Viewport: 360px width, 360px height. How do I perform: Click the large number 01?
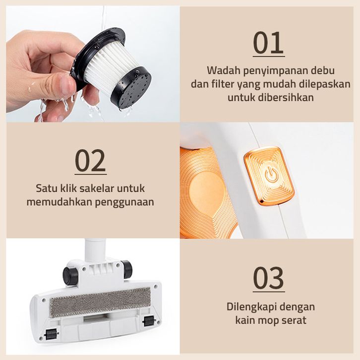tap(268, 43)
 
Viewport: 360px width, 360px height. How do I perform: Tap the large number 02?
tap(90, 161)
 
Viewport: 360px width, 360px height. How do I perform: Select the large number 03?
tap(268, 278)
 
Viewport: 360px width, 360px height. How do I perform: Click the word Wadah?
tap(223, 70)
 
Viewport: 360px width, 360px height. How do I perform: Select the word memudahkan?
tap(59, 202)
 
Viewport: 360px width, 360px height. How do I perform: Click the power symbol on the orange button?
tap(272, 175)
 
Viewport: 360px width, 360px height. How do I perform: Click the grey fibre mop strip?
tap(100, 302)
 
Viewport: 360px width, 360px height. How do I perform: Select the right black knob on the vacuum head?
tap(127, 268)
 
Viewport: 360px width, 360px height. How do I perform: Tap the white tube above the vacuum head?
tap(95, 250)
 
